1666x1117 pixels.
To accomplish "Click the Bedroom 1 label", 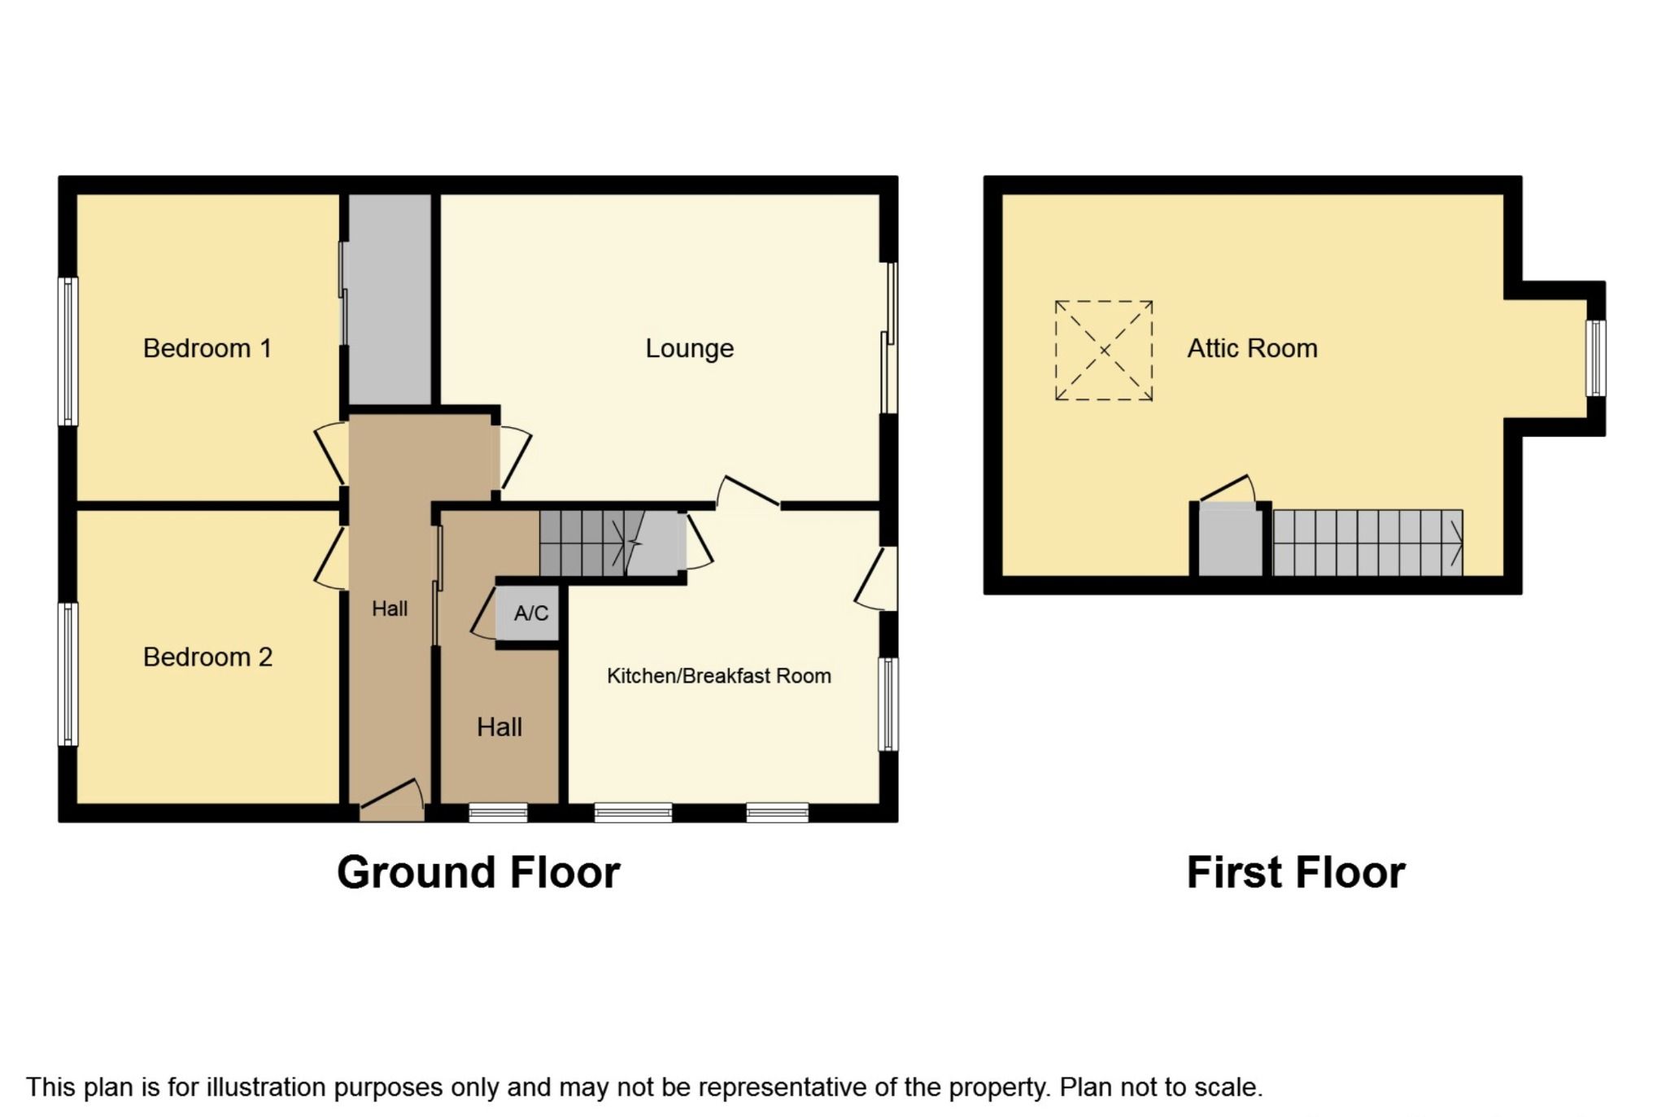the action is click(207, 348).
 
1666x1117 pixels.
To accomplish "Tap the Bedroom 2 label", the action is click(207, 657).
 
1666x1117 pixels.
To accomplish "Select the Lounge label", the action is click(690, 349).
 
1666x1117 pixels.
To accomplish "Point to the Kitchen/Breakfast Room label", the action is click(719, 675).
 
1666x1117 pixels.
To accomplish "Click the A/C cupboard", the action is click(530, 613).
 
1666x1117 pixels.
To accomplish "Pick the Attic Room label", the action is click(1252, 348).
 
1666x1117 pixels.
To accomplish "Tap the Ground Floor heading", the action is click(478, 872).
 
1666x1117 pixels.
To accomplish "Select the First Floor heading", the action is click(1296, 872).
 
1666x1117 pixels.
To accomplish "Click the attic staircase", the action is click(1368, 543).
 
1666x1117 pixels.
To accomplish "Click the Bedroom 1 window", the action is click(68, 351).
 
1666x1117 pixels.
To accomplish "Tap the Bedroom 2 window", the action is click(68, 674).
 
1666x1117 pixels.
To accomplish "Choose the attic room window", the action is click(1597, 358).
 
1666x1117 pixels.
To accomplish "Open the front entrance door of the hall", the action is click(392, 801).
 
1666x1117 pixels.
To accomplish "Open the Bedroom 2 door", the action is click(332, 558).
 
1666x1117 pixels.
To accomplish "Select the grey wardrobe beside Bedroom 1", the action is click(390, 299).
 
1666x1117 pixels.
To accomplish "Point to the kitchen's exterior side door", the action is click(877, 578).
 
